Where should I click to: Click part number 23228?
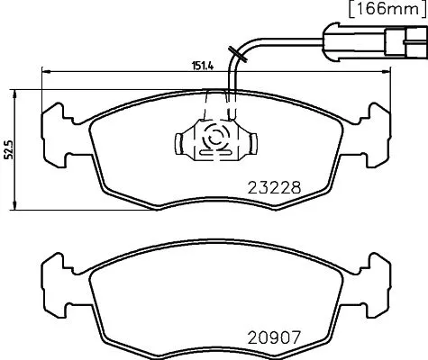tap(272, 189)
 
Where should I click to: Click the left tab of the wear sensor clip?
tap(178, 140)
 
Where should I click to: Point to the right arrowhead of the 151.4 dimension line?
tap(386, 73)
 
